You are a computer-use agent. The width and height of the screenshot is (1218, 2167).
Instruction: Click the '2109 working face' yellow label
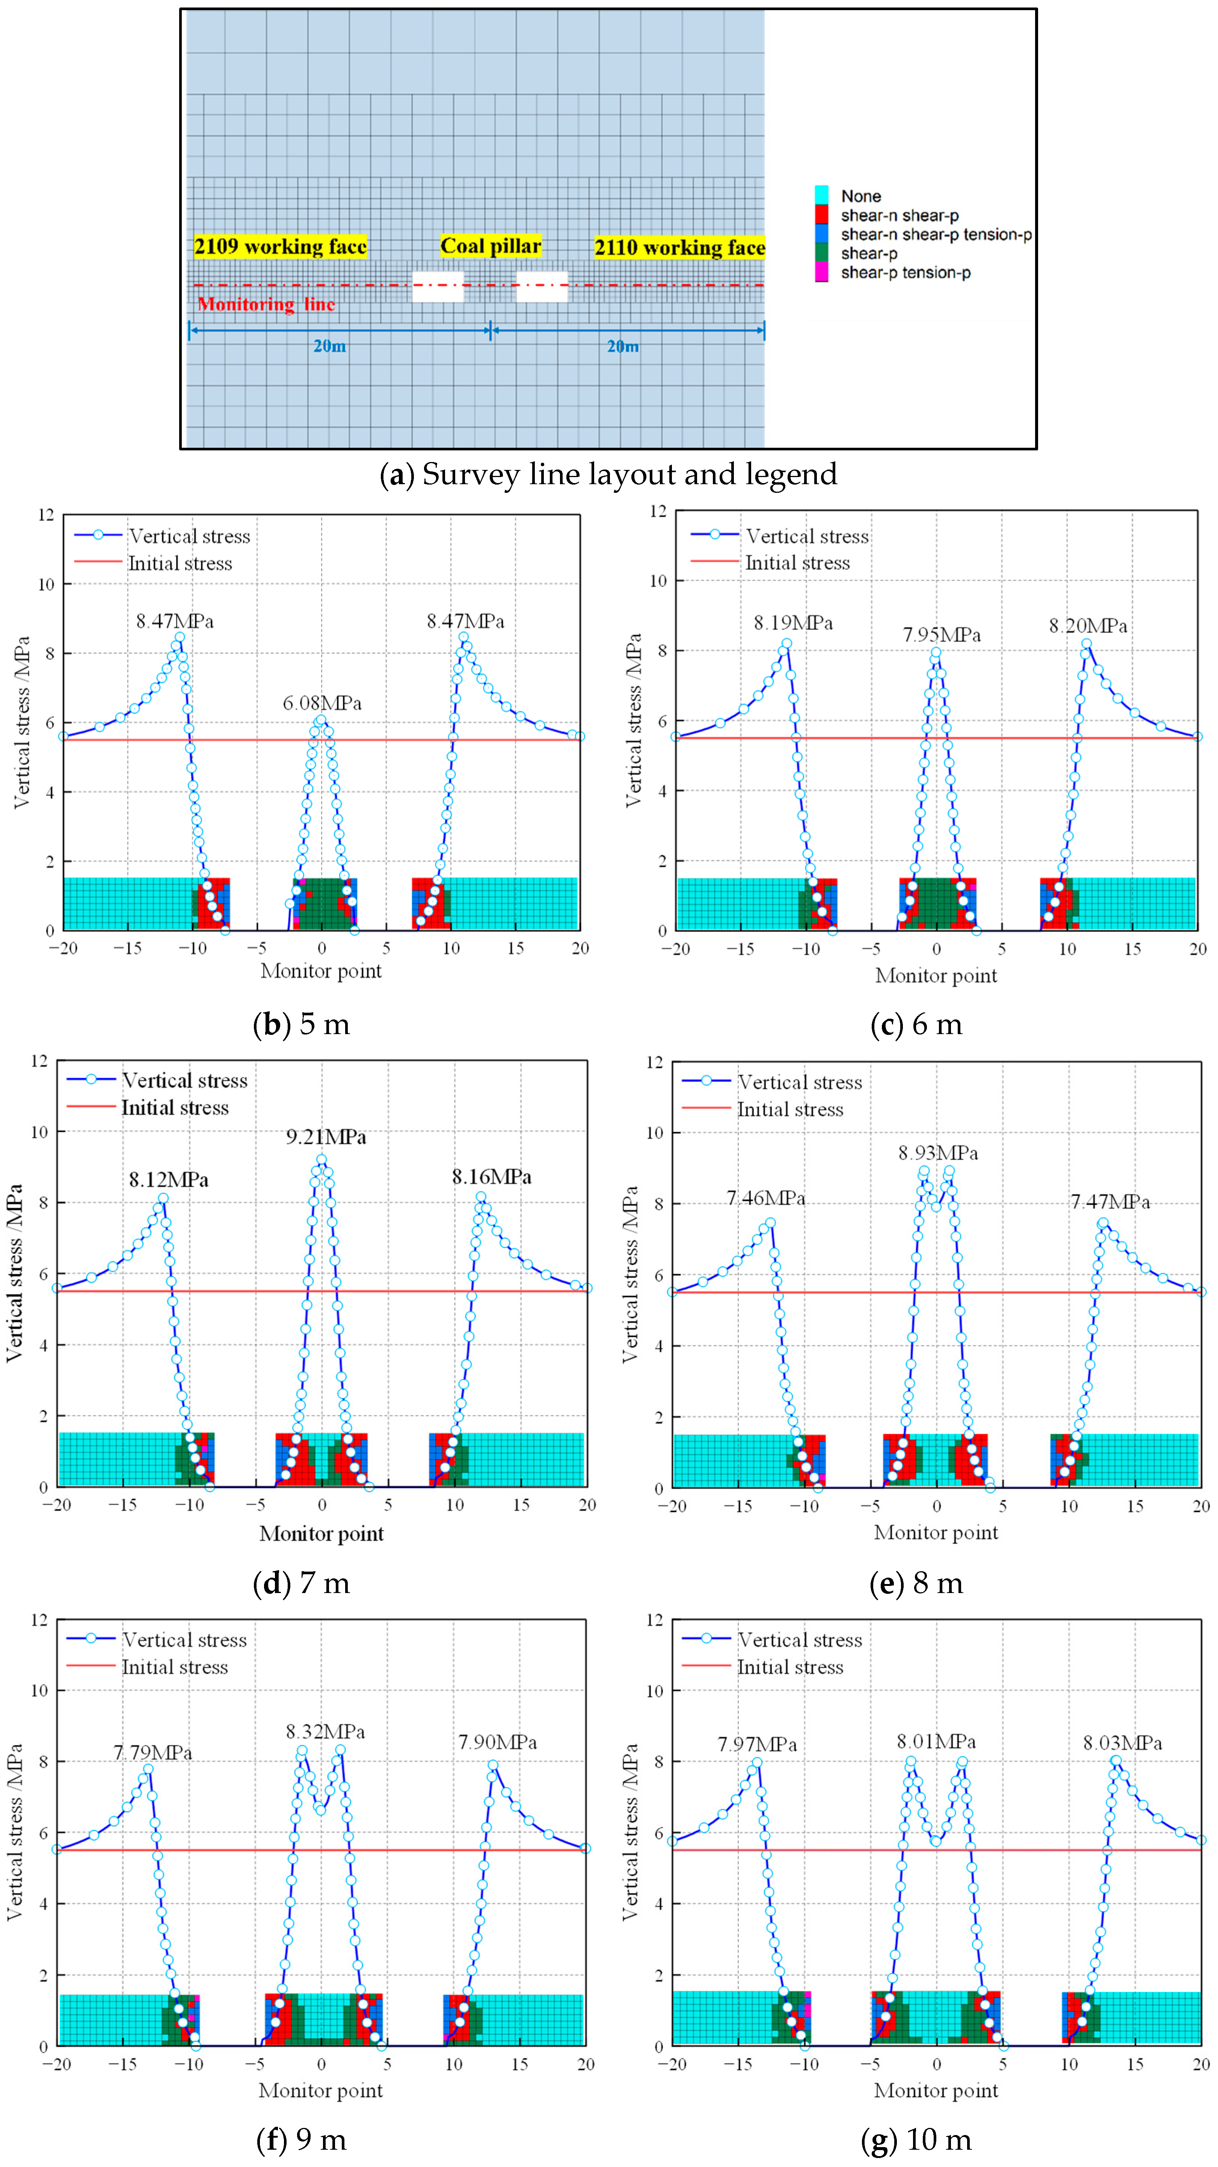click(280, 246)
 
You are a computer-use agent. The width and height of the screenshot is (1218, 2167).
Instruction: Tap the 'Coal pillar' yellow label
click(491, 246)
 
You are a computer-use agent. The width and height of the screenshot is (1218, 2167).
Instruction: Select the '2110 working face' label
click(680, 247)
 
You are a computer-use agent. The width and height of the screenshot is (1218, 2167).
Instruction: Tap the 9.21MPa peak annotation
click(326, 1137)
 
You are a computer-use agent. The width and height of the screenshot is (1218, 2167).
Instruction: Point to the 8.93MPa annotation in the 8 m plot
click(938, 1152)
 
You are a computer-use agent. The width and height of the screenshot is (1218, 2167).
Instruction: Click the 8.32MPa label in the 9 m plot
click(326, 1731)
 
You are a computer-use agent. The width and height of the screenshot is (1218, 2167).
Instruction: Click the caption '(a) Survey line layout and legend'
click(608, 474)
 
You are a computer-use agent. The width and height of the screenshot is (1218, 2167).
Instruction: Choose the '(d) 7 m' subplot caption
click(301, 1583)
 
